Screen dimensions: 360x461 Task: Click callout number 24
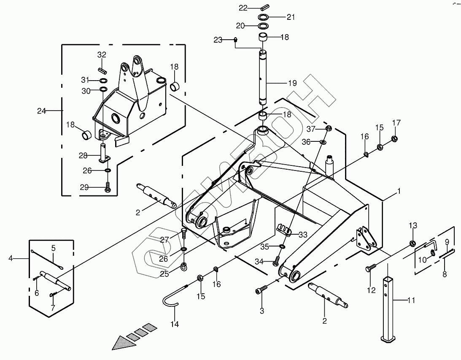(x=41, y=111)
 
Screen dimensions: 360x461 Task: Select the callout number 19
(x=292, y=83)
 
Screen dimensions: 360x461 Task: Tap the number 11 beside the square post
(x=411, y=300)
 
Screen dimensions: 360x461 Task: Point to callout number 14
(x=175, y=324)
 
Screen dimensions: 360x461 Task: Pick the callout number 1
(x=399, y=191)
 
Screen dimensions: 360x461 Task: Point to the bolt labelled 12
(x=370, y=268)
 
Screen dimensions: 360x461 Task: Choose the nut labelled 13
(x=412, y=244)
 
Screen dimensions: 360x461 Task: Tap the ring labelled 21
(x=264, y=17)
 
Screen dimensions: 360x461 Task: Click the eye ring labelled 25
(x=183, y=266)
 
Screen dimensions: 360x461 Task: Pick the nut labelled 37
(x=330, y=128)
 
